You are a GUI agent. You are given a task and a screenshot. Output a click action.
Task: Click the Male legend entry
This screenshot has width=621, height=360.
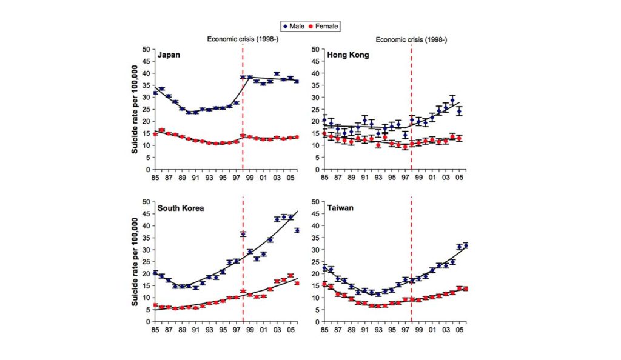pos(294,26)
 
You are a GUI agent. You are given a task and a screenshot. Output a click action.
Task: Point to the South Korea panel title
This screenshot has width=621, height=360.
pos(181,208)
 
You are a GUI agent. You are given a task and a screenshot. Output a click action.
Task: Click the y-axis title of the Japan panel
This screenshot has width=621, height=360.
pos(135,109)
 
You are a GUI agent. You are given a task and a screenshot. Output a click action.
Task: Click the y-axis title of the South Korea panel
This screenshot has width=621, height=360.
pos(135,262)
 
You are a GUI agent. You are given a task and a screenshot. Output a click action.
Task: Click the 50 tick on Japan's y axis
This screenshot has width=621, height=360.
pos(146,49)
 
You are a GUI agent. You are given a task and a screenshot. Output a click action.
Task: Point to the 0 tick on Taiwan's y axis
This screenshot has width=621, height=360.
pos(316,322)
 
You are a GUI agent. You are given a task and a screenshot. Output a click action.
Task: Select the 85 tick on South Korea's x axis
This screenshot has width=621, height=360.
pos(155,331)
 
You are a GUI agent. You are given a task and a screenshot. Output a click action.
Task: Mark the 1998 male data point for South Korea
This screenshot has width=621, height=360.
pos(243,234)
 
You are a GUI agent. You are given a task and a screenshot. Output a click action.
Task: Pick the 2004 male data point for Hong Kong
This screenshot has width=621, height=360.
pos(452,101)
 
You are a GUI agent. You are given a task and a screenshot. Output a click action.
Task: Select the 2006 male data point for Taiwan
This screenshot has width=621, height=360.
pos(466,245)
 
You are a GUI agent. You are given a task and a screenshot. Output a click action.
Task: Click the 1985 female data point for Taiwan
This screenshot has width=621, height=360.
pos(324,284)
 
